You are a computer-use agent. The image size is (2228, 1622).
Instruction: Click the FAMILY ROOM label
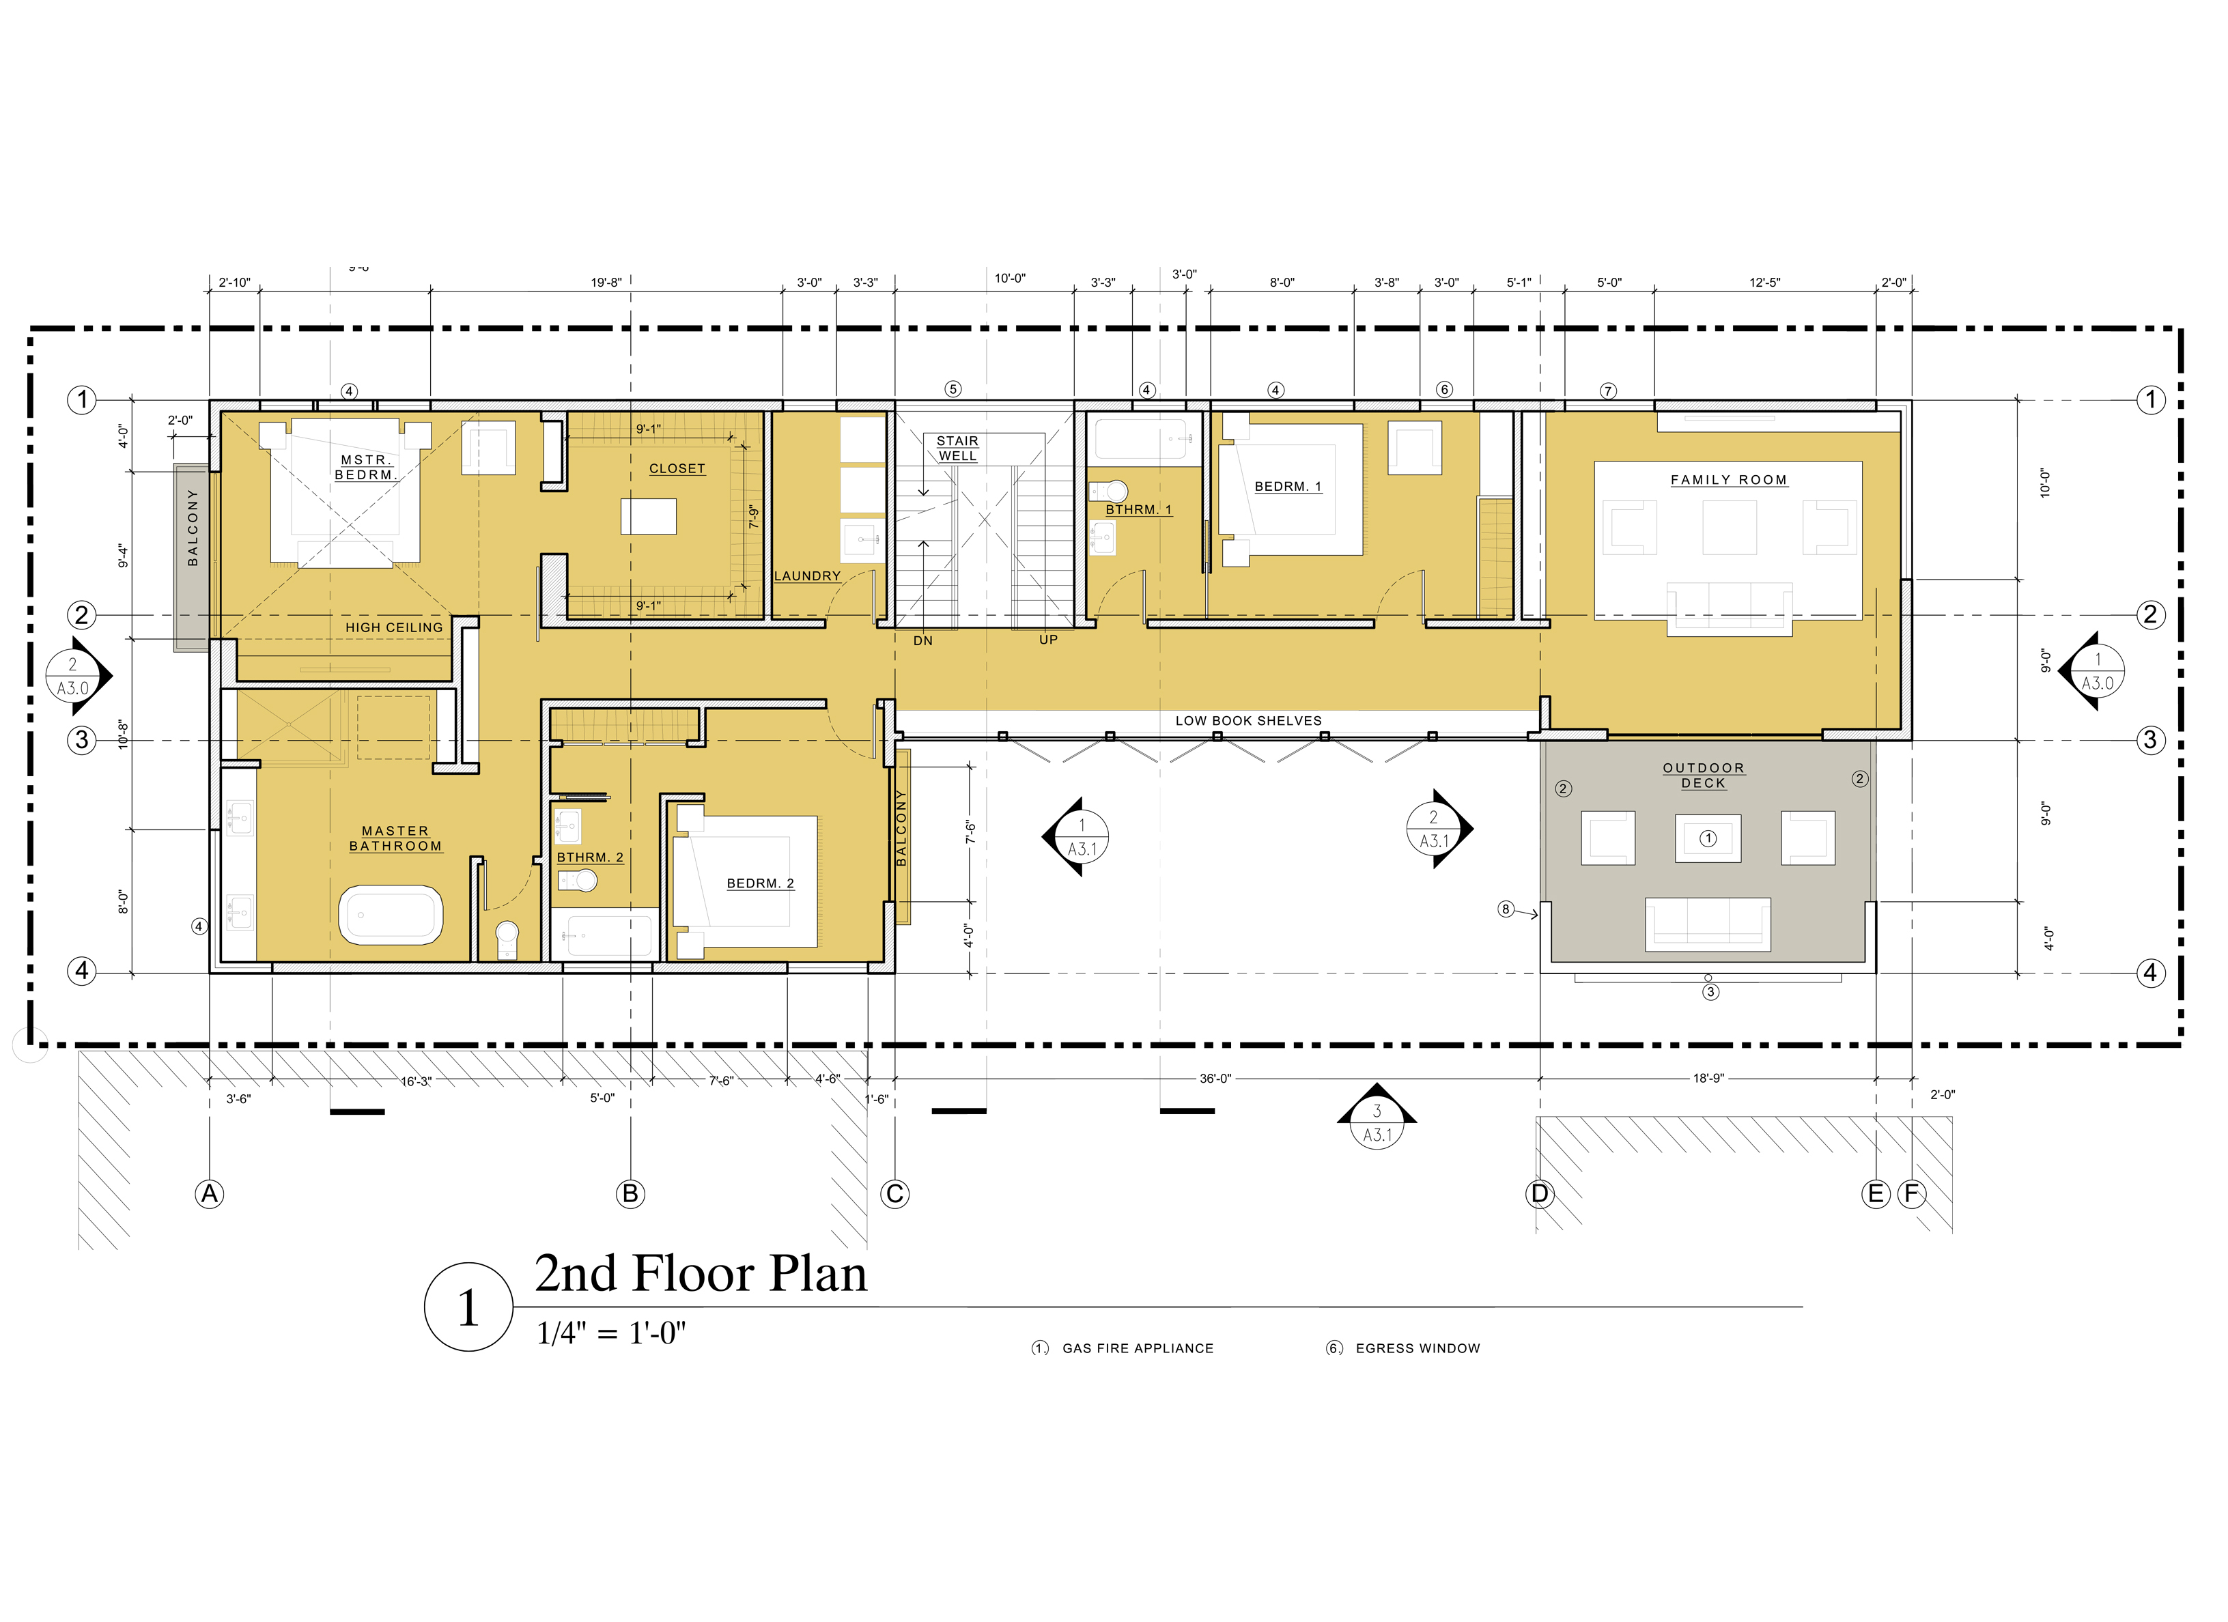click(1728, 481)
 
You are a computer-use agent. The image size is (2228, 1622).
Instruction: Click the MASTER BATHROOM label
click(396, 839)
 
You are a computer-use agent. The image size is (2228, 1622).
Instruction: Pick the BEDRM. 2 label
click(761, 884)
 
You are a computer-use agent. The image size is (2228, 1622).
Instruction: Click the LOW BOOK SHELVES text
click(1249, 721)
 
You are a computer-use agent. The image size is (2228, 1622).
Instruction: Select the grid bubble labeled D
click(1539, 1194)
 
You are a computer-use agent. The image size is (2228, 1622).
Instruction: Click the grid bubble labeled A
click(209, 1194)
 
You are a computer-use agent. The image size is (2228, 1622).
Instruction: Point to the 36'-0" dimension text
click(1215, 1079)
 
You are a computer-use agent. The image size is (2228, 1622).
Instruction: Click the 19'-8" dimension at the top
click(606, 283)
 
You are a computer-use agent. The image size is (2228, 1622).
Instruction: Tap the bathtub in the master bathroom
click(391, 915)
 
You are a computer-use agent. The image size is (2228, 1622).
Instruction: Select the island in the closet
click(649, 517)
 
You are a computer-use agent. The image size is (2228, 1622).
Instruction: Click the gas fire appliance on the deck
click(1708, 839)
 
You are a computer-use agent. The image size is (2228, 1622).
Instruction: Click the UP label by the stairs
click(1048, 640)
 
